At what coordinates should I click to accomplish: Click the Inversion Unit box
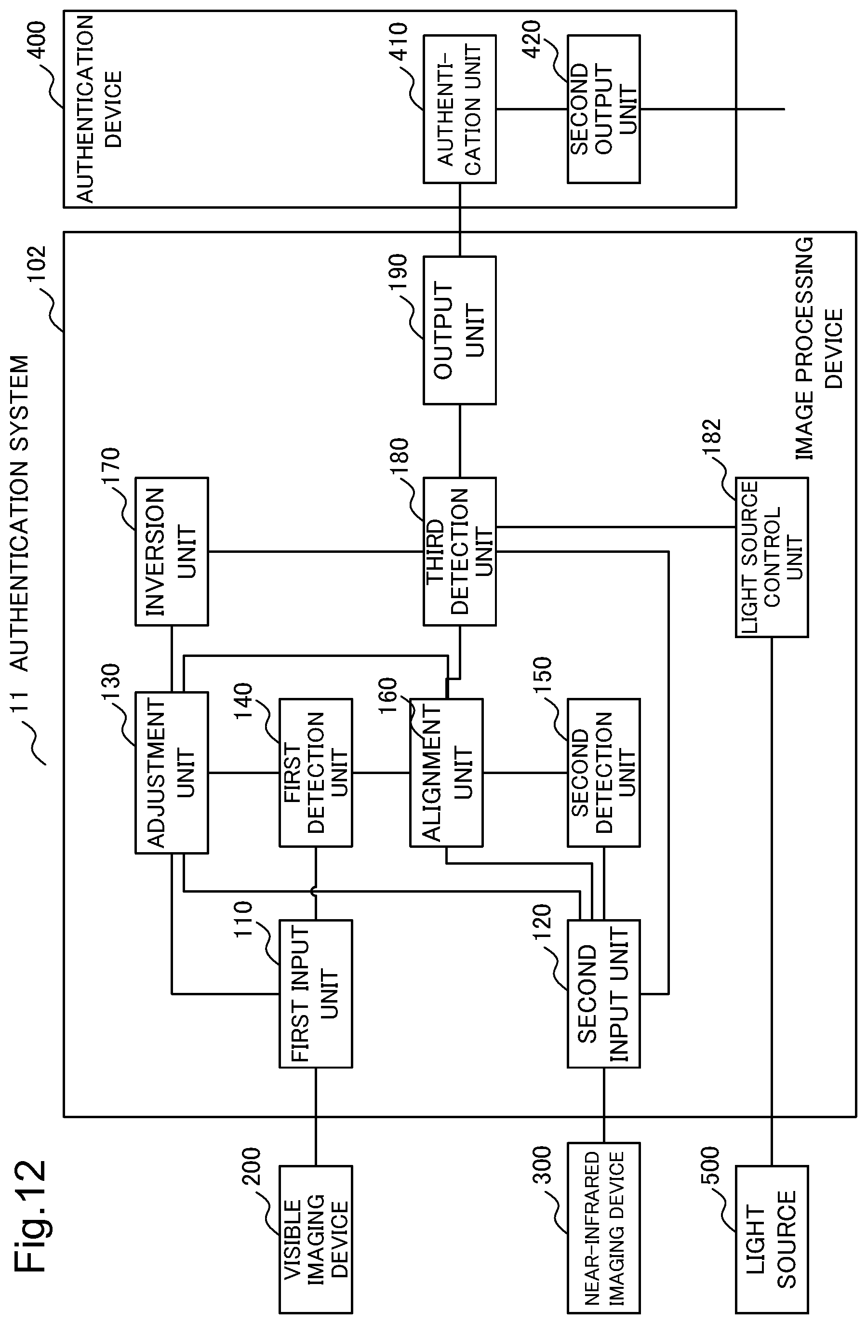click(172, 551)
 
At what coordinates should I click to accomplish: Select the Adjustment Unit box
click(172, 772)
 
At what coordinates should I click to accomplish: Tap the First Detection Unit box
click(316, 772)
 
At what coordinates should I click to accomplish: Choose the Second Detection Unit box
click(604, 772)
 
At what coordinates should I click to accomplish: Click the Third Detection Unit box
click(460, 551)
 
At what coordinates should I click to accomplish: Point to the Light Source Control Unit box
click(772, 557)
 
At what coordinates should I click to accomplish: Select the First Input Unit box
click(316, 993)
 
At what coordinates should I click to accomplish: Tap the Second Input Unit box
click(604, 993)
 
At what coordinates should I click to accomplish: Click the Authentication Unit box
click(460, 109)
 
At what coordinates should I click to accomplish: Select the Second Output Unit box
click(604, 109)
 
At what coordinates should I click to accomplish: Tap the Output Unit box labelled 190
click(460, 330)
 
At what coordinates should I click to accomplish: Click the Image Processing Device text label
click(819, 348)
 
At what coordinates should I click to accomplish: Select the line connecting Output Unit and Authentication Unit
click(460, 220)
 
